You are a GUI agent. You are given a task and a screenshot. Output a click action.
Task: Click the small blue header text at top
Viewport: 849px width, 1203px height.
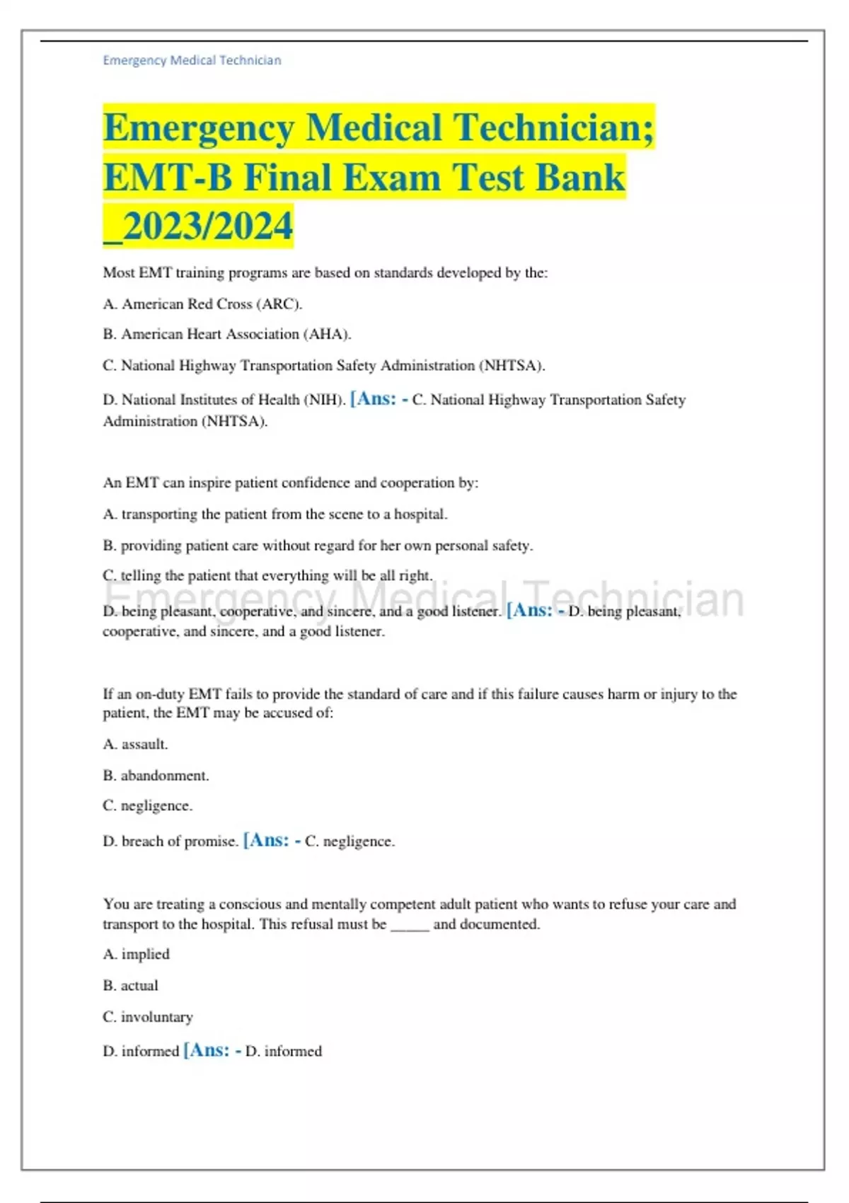click(192, 61)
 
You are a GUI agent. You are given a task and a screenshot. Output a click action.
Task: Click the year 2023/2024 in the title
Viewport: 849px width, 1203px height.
click(207, 226)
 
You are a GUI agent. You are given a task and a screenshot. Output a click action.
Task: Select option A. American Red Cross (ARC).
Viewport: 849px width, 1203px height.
click(202, 304)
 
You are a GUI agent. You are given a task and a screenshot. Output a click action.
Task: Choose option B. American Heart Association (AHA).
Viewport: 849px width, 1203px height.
click(226, 334)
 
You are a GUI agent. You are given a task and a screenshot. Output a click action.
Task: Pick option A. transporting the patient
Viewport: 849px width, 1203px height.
click(275, 514)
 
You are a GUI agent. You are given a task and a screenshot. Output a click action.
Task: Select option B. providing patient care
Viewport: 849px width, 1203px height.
click(318, 546)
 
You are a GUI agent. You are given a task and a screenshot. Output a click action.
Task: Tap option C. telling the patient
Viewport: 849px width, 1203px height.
click(267, 576)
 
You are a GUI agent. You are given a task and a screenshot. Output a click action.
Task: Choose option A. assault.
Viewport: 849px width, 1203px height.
click(135, 744)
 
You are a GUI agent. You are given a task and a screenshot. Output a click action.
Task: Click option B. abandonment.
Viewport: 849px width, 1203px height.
click(156, 776)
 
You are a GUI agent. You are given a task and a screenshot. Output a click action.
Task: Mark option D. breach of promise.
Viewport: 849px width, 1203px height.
click(170, 841)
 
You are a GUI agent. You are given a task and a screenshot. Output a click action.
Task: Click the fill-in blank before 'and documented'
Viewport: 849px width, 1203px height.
click(410, 925)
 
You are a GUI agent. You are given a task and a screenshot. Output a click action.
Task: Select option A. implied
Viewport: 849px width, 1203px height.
click(137, 955)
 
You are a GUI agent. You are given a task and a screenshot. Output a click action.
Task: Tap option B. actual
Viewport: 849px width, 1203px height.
click(131, 986)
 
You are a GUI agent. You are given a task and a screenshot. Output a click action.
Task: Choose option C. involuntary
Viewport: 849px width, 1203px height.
click(148, 1017)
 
